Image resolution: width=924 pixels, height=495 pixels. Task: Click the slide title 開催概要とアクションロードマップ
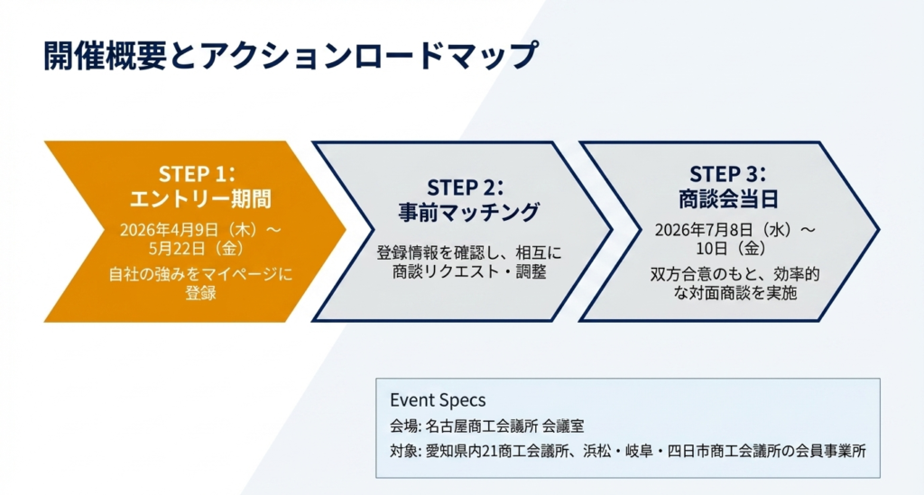[291, 55]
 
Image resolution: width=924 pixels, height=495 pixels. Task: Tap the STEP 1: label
[197, 174]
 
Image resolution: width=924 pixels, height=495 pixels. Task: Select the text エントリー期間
[200, 199]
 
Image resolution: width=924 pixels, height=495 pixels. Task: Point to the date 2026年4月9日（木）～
[200, 230]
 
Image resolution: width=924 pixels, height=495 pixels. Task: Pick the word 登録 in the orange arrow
[200, 292]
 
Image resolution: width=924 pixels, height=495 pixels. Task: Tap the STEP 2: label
[466, 188]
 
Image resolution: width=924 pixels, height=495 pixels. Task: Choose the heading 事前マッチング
[469, 213]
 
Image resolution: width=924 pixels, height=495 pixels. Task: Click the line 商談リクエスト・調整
[469, 272]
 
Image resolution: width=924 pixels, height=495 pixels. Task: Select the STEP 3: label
[728, 174]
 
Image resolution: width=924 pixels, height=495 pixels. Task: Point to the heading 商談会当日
[728, 199]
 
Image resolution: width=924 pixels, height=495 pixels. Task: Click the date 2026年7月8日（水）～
[735, 230]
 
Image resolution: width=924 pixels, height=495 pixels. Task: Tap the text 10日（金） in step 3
[731, 248]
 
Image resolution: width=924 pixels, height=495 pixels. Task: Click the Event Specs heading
[438, 400]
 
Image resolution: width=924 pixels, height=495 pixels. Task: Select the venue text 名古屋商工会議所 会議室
[504, 426]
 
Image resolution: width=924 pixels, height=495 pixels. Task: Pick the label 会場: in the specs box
[405, 426]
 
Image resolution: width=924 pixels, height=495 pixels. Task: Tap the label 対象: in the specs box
[405, 452]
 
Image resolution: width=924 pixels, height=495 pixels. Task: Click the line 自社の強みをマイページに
[200, 274]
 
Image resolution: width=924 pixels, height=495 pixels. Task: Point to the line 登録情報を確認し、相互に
[469, 253]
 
